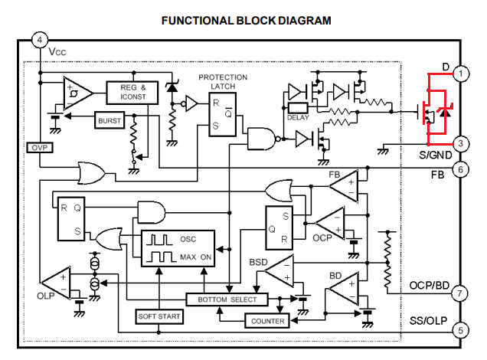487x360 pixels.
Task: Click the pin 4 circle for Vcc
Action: coord(41,39)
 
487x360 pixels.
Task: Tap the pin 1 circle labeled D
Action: coord(460,74)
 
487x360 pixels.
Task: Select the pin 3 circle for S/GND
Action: coord(460,143)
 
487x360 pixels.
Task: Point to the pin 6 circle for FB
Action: coord(459,170)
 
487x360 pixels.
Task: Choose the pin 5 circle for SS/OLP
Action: coord(459,331)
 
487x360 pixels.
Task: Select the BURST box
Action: coord(110,120)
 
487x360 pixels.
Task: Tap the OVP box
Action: coord(38,147)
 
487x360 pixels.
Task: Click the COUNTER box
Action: coord(267,321)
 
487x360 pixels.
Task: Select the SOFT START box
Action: coord(159,316)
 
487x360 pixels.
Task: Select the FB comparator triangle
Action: coord(343,185)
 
